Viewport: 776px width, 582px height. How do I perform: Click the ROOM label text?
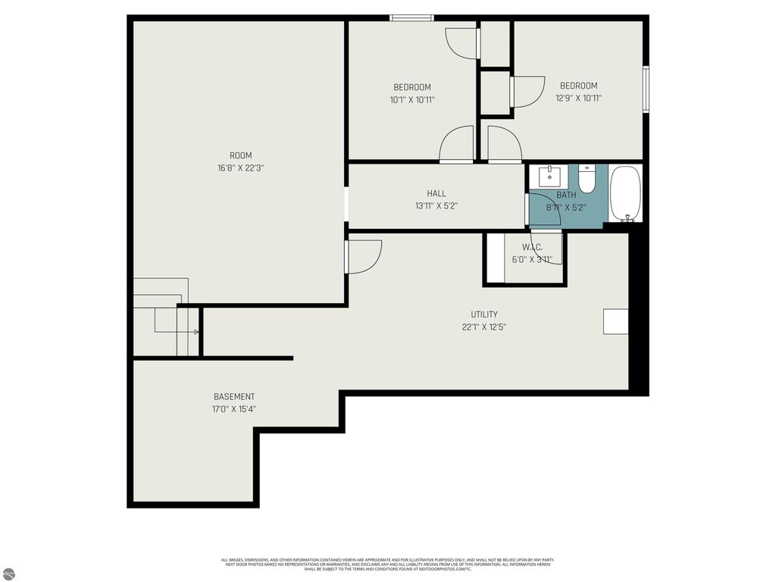[x=240, y=156]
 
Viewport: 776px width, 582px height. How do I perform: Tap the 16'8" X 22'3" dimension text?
[x=240, y=168]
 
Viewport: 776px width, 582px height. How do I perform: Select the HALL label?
[x=436, y=193]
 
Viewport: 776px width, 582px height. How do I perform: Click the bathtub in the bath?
[x=625, y=194]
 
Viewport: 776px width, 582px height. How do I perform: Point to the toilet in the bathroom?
[x=587, y=179]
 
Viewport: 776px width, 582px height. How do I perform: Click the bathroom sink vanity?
[x=549, y=177]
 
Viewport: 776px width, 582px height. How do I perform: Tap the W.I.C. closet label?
[x=532, y=248]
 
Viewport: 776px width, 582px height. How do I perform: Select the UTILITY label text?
[x=484, y=314]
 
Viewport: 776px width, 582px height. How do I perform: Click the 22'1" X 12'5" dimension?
[x=484, y=327]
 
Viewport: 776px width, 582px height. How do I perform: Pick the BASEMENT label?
[x=234, y=396]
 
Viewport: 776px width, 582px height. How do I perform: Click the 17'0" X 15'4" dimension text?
[x=234, y=409]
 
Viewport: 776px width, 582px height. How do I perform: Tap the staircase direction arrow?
[x=196, y=332]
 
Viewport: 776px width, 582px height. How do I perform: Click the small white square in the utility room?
[x=615, y=321]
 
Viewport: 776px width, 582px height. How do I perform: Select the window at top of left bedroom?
[x=411, y=18]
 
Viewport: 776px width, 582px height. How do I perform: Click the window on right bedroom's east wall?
[x=646, y=89]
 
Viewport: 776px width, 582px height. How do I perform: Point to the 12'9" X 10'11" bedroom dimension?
[x=578, y=98]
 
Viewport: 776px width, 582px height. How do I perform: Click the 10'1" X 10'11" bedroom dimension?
[x=412, y=99]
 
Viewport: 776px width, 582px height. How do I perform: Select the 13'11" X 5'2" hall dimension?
[x=436, y=205]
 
